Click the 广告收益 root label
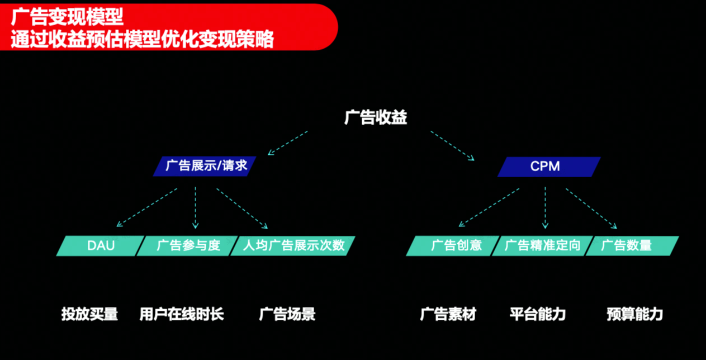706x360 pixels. point(376,118)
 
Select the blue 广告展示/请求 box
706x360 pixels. point(206,166)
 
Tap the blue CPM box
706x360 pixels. point(548,167)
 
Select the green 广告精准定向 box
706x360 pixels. point(542,245)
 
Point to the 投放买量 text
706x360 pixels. point(89,314)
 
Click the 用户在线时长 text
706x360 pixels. point(182,314)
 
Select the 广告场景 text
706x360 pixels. point(287,314)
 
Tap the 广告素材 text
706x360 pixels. point(448,314)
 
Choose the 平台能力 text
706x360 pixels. point(538,314)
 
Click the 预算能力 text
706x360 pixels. point(634,314)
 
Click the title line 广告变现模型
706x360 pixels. point(67,16)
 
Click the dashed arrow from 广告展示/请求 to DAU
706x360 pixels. point(147,207)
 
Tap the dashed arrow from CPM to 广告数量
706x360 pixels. point(591,208)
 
